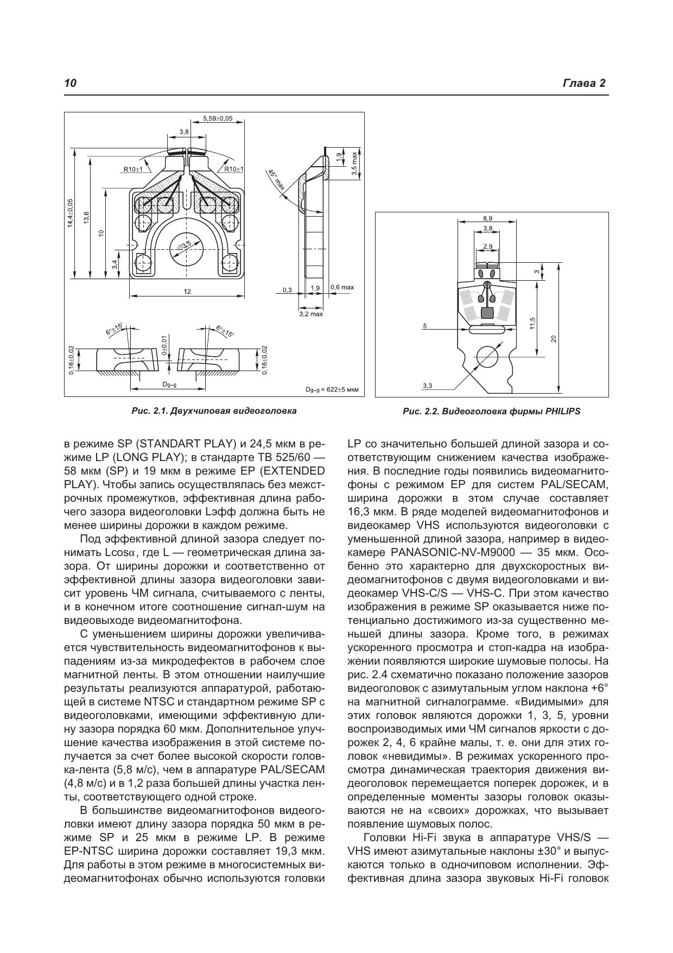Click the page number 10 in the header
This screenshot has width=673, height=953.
(x=70, y=83)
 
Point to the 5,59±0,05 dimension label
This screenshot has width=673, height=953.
(x=218, y=118)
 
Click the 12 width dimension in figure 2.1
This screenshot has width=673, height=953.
(x=187, y=292)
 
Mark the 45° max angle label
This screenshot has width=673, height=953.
(x=277, y=181)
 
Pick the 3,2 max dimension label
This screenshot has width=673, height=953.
(x=311, y=314)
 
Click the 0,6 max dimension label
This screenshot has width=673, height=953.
(x=342, y=287)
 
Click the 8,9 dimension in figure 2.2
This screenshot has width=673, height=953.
(x=487, y=218)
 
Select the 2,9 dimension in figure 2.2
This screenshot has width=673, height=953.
(x=487, y=246)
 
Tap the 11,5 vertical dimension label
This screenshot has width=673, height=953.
(x=533, y=323)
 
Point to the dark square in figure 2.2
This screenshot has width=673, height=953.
(x=487, y=312)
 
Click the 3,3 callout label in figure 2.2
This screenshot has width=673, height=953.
(x=427, y=386)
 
